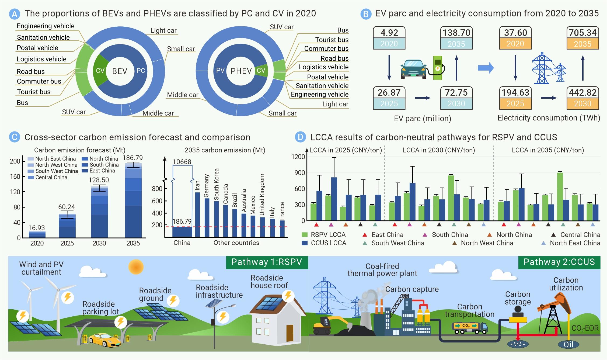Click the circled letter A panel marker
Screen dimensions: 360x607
pos(15,14)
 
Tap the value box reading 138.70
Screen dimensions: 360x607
pos(456,33)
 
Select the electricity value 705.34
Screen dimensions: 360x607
pos(583,33)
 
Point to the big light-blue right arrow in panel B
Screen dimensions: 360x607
pos(486,68)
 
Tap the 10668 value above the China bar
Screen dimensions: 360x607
pos(182,162)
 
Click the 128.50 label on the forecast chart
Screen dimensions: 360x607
pos(99,180)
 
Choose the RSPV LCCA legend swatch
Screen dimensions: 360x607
pos(305,235)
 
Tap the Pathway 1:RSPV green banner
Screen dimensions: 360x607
pos(267,262)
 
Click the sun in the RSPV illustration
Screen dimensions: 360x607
pos(136,266)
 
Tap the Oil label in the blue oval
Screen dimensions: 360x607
pos(568,344)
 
